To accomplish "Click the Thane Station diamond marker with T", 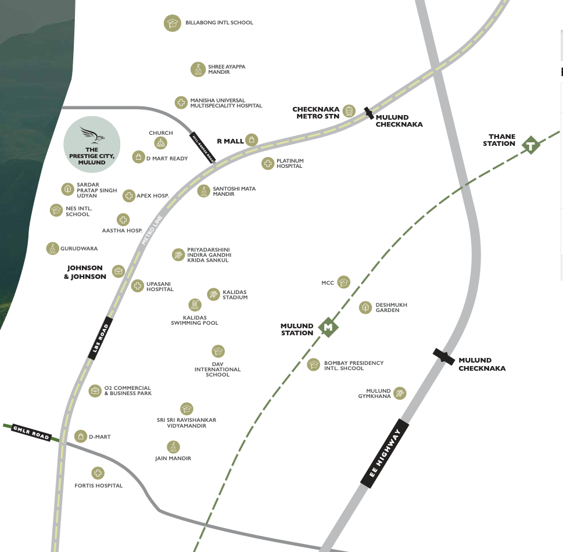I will (x=530, y=145).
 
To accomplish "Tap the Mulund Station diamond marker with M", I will (x=328, y=328).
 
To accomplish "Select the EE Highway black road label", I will (x=385, y=453).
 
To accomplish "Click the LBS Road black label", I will (x=100, y=338).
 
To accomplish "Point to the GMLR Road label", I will (x=32, y=432).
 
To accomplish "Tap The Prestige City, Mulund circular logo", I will (x=91, y=144).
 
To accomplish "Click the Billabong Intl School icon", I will (x=172, y=23).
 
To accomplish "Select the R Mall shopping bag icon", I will (x=251, y=140).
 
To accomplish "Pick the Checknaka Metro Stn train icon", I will (x=349, y=110).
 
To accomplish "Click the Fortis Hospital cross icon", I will (x=98, y=474).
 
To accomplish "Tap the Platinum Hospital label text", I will (x=290, y=163).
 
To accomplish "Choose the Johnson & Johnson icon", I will (x=119, y=271).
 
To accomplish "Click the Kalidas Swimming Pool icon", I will (x=195, y=304).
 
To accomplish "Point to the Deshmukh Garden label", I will (x=391, y=307).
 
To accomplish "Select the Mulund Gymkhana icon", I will (x=399, y=393).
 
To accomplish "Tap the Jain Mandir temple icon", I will (x=173, y=447).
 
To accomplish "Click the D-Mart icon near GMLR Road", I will (x=81, y=436).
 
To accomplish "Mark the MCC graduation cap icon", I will (x=344, y=282).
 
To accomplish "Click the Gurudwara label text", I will (x=79, y=249).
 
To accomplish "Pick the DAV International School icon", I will (x=218, y=352).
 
